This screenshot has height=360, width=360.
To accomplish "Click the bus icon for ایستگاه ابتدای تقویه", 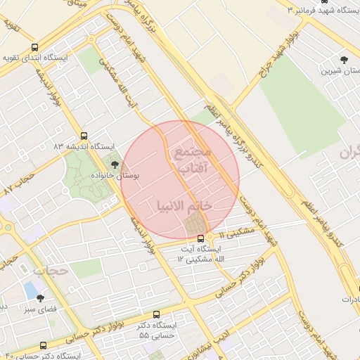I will pyautogui.click(x=35, y=47).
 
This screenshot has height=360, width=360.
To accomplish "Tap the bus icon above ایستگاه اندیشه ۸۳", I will pyautogui.click(x=84, y=136).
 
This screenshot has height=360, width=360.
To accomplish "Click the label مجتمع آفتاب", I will pyautogui.click(x=191, y=160).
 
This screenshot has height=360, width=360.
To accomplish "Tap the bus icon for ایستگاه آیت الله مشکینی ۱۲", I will pyautogui.click(x=200, y=237).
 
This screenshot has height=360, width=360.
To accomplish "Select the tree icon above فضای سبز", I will pyautogui.click(x=40, y=297).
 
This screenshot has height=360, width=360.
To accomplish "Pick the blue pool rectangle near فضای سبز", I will pyautogui.click(x=31, y=289).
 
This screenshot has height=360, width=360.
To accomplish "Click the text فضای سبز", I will pyautogui.click(x=41, y=308).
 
